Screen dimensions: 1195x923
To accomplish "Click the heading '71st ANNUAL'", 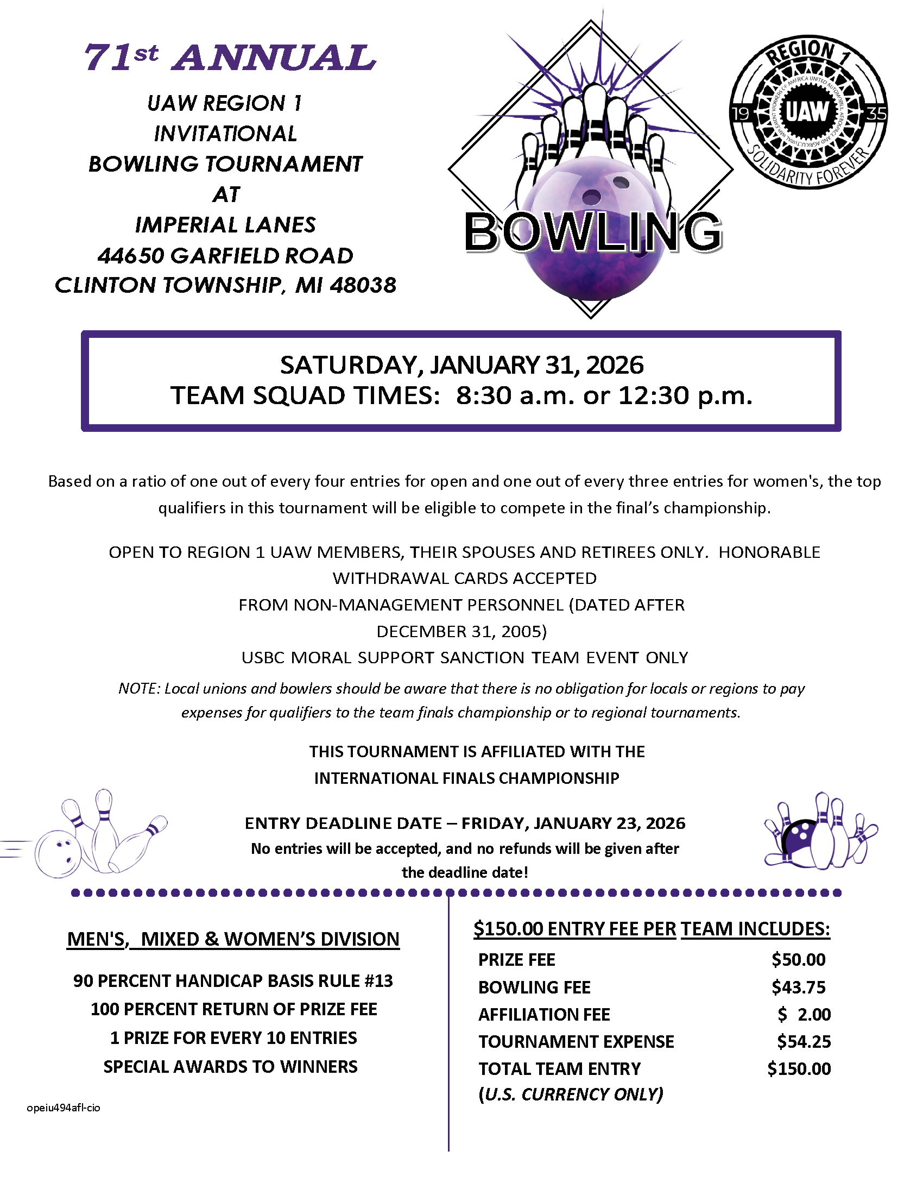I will pos(230,58).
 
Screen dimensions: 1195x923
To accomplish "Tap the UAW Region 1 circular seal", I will pos(808,112).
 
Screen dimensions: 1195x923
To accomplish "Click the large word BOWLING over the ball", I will pos(593,232).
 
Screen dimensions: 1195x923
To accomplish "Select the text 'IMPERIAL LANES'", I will pos(225,225).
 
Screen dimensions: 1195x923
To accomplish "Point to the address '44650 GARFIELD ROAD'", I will pos(225,255).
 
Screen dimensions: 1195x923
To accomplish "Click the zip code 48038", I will pos(363,285).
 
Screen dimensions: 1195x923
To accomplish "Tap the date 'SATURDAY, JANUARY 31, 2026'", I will pos(461,365).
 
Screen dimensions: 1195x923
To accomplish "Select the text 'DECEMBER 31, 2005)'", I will pos(461,631).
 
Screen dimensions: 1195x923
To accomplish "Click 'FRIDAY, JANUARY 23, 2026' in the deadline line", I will pos(573,823).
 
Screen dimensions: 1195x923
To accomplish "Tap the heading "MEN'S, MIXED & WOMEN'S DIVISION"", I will pos(233,939).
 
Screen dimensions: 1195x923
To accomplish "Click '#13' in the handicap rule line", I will pos(378,981).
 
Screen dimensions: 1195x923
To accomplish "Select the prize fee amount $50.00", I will pos(798,959).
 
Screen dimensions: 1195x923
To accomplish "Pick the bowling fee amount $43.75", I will pos(798,987).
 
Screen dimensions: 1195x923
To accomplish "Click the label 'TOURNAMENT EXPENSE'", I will pos(576,1041).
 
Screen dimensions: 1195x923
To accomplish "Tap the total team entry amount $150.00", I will pos(798,1068).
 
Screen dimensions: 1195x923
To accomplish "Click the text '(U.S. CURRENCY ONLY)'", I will pos(570,1094).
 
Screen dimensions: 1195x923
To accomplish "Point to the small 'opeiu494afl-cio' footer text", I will pos(64,1108).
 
